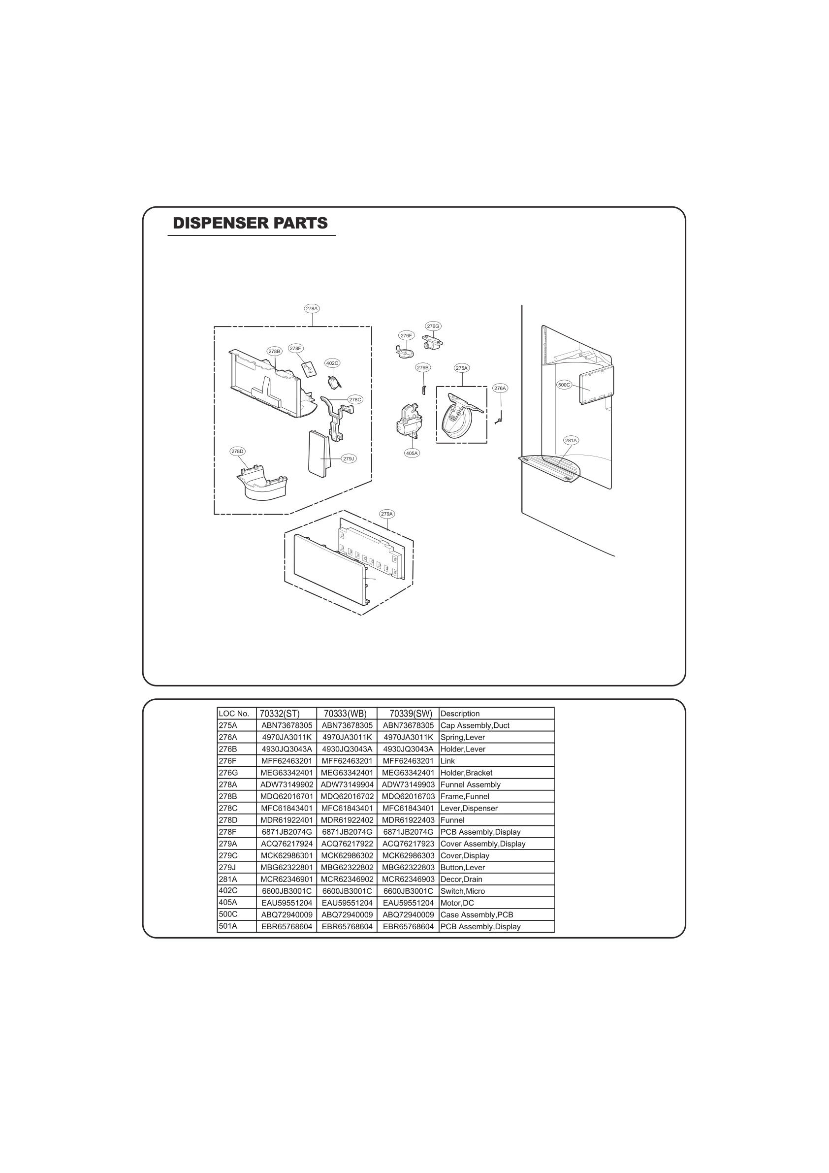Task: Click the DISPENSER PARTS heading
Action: click(250, 223)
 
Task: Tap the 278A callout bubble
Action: click(312, 309)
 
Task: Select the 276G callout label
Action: click(433, 326)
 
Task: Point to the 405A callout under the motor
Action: click(412, 453)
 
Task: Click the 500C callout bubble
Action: click(564, 385)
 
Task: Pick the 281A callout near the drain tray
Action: click(571, 440)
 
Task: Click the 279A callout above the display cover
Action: click(386, 514)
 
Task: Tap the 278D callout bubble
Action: click(237, 451)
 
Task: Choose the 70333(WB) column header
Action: click(346, 714)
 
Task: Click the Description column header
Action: click(460, 714)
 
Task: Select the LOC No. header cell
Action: click(234, 714)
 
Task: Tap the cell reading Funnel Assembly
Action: click(470, 785)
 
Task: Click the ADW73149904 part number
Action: click(347, 785)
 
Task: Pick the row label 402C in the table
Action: click(228, 890)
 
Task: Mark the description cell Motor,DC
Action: click(457, 903)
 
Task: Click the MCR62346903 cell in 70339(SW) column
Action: click(408, 879)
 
